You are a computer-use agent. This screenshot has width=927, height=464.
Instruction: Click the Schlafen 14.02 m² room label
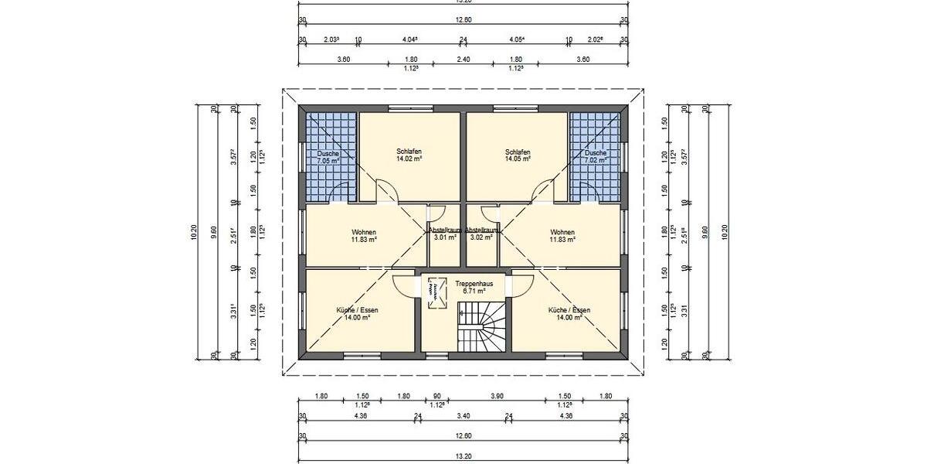click(409, 155)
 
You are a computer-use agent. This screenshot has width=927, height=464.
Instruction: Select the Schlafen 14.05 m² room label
click(518, 155)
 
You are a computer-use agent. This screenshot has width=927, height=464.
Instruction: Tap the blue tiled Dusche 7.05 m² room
click(330, 157)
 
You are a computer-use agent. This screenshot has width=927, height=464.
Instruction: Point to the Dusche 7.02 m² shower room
click(596, 157)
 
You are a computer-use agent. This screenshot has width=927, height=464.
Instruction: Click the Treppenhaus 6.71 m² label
click(469, 287)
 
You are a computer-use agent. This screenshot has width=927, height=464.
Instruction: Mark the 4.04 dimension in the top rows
click(410, 39)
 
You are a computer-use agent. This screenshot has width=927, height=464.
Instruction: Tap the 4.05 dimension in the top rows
click(518, 39)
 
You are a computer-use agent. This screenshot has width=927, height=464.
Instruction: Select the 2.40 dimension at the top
click(463, 59)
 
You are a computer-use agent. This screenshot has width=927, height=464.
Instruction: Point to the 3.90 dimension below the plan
click(497, 396)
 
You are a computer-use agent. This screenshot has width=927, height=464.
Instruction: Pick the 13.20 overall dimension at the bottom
click(463, 456)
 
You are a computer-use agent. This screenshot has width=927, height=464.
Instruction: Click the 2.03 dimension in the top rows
click(332, 39)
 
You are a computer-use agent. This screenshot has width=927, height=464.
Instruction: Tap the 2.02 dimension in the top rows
click(596, 39)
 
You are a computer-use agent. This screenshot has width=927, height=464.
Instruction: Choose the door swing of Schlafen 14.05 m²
click(542, 190)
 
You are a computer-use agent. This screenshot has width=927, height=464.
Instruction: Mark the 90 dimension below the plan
click(436, 396)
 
